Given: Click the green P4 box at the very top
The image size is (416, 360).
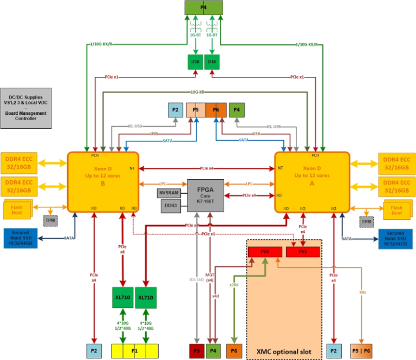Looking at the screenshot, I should click(x=203, y=8).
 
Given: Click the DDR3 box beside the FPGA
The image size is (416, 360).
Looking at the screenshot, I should click(x=170, y=206).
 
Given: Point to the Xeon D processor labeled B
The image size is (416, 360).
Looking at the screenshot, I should click(x=102, y=181).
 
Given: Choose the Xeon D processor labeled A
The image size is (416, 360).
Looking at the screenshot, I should click(x=311, y=181).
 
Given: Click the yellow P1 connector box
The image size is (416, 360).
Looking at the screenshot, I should click(x=135, y=350).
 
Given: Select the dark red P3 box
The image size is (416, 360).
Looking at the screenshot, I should click(x=196, y=350).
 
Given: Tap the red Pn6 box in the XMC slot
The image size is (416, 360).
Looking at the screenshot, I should click(x=265, y=252).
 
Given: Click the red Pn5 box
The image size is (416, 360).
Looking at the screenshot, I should click(x=303, y=252).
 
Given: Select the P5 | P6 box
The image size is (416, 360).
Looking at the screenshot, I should click(x=362, y=350).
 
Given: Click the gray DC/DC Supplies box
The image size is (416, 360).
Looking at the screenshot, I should click(x=26, y=108).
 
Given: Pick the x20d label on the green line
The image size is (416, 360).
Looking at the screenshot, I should click(x=234, y=284).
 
